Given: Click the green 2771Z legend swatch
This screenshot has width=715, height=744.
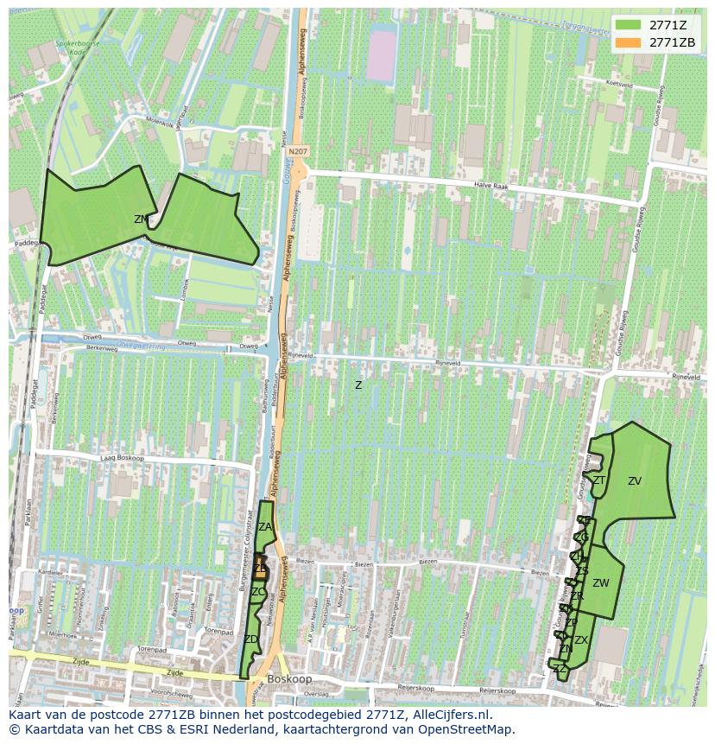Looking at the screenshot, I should [x=628, y=24].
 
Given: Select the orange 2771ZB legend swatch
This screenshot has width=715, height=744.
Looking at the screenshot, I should [x=628, y=42].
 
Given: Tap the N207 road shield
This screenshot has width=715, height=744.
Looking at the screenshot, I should [x=297, y=152].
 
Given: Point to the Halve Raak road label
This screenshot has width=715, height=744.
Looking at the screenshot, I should [x=490, y=186].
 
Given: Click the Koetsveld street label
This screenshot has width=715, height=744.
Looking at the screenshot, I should [x=620, y=84].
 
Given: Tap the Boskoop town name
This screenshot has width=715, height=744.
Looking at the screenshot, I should [x=288, y=679].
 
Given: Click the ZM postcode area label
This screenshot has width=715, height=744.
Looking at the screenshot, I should [x=141, y=219].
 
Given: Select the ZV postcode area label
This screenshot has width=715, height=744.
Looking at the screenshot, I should [x=635, y=481].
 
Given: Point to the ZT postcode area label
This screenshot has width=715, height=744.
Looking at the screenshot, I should [x=598, y=480].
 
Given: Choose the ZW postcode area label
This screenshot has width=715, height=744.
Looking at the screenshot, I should [x=601, y=583].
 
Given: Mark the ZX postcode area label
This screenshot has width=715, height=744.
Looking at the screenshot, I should [x=581, y=640].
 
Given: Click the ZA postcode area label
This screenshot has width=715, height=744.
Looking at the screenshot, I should [x=265, y=527].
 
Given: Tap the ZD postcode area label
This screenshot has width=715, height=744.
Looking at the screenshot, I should [x=250, y=639].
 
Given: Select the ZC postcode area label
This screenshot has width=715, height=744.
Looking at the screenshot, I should [x=258, y=592].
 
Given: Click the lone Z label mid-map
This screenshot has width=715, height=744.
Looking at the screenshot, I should [x=358, y=385].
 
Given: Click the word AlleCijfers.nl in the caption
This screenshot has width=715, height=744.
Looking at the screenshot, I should [x=450, y=715].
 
